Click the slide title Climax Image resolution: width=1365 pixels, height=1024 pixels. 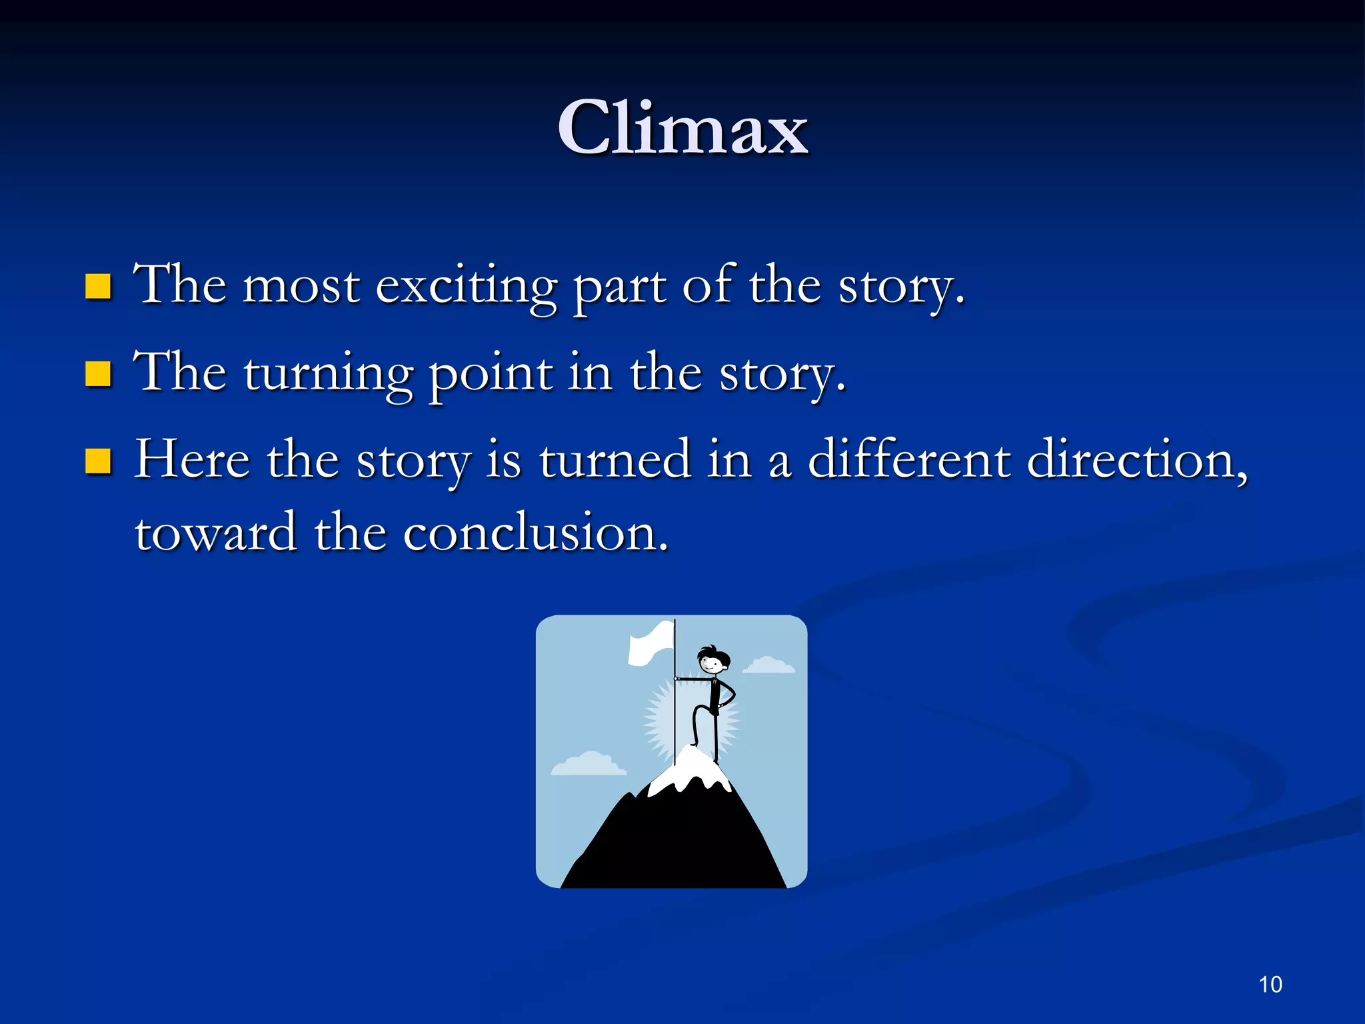point(682,128)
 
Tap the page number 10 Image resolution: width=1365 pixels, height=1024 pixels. point(1270,985)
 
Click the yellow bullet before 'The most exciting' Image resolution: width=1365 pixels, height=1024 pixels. point(98,287)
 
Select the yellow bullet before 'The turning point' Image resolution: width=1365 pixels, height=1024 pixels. point(98,374)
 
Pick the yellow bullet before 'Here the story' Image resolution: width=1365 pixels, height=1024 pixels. point(98,461)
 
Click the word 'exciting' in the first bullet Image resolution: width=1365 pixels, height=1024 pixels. point(466,287)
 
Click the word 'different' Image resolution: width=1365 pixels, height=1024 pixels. point(909,460)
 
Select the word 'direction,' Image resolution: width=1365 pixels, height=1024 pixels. point(1137,460)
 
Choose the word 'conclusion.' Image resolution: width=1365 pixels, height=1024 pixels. point(535,533)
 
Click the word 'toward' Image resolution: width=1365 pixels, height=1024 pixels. point(216,533)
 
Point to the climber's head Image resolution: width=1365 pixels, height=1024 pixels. point(712,661)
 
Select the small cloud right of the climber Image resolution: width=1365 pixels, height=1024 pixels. point(768,665)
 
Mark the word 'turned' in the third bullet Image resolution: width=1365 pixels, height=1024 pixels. point(615,460)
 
